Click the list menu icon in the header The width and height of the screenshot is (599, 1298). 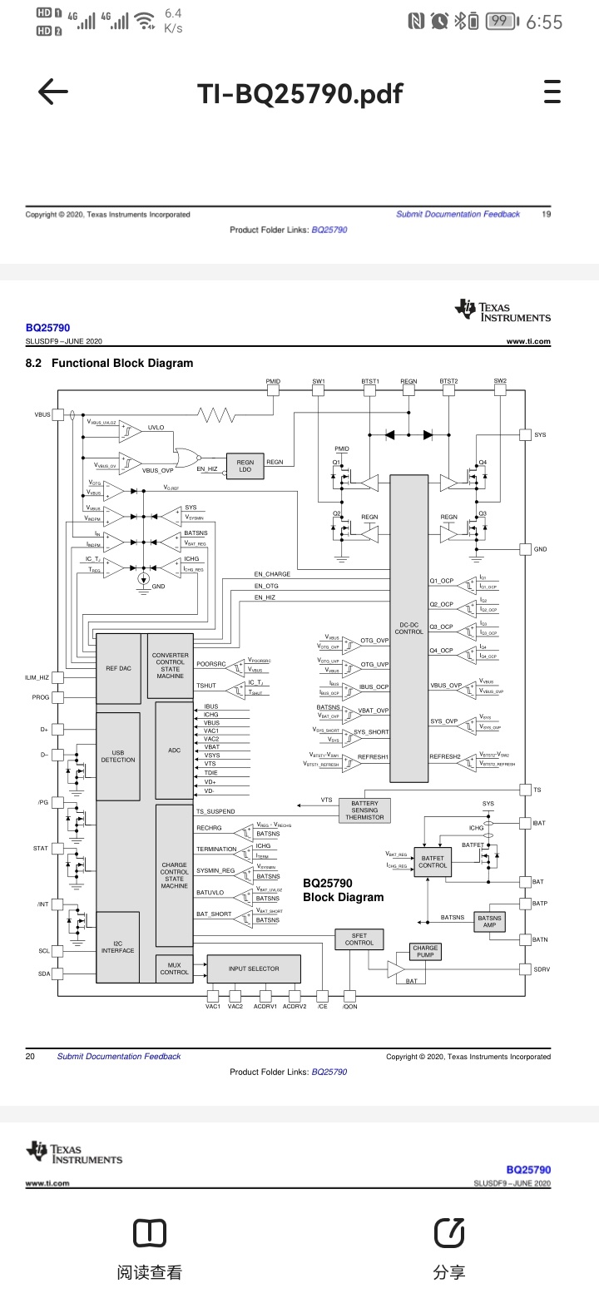pyautogui.click(x=552, y=92)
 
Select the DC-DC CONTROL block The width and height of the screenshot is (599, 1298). pyautogui.click(x=408, y=628)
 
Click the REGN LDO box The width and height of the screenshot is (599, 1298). pyautogui.click(x=245, y=466)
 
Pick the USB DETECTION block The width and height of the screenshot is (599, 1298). pyautogui.click(x=117, y=756)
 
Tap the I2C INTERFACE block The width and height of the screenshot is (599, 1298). pyautogui.click(x=117, y=947)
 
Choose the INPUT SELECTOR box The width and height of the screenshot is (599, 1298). pyautogui.click(x=254, y=969)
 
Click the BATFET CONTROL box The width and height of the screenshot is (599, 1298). pyautogui.click(x=433, y=861)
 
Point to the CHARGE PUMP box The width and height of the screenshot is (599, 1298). pyautogui.click(x=425, y=951)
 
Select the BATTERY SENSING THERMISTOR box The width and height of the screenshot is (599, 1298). pyautogui.click(x=364, y=810)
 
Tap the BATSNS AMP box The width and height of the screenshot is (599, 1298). pyautogui.click(x=489, y=921)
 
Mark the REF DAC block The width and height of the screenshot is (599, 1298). pyautogui.click(x=118, y=668)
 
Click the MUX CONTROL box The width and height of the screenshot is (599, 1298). pyautogui.click(x=174, y=969)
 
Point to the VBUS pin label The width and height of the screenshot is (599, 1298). pyautogui.click(x=42, y=414)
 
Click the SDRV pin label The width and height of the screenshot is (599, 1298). pyautogui.click(x=542, y=969)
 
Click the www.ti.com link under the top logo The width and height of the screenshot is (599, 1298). pyautogui.click(x=528, y=341)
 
